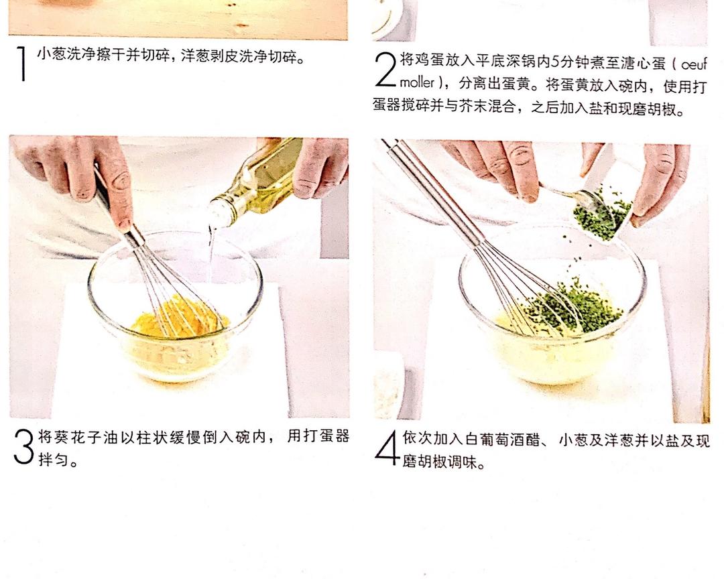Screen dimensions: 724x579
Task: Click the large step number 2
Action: point(385,69)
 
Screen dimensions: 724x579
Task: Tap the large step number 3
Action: point(23,446)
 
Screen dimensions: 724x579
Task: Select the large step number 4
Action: point(387,448)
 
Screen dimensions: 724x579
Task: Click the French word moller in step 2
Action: point(417,83)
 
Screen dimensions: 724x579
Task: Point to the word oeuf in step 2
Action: point(694,64)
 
